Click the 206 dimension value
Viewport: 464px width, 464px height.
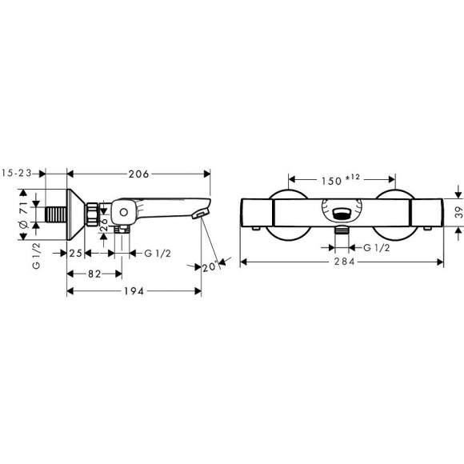tap(138, 173)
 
